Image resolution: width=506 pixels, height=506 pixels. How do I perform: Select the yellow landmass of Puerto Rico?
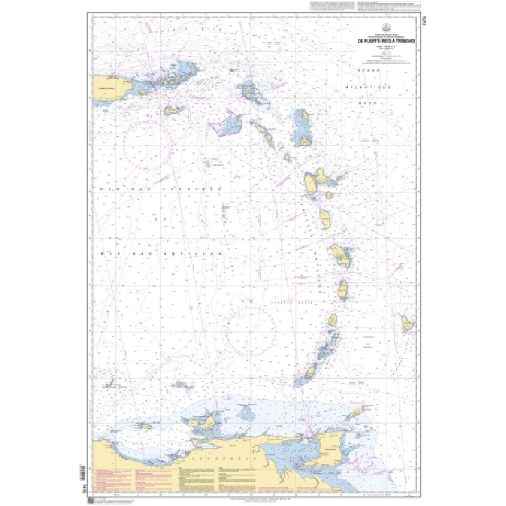click(107, 88)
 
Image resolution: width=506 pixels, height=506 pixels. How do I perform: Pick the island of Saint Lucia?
click(343, 289)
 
